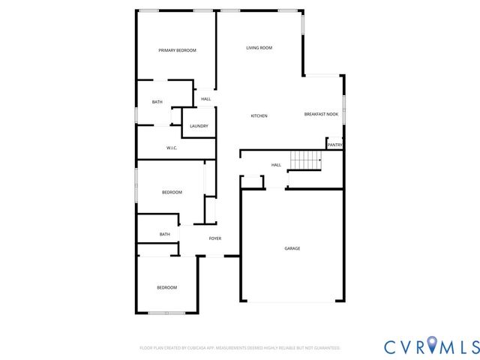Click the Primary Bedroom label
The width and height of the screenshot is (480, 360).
177,50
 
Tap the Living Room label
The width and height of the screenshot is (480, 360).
259,48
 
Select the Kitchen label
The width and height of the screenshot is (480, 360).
259,115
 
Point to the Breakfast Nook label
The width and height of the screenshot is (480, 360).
321,114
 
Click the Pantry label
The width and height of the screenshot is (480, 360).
335,145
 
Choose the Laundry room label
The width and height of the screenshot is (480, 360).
199,126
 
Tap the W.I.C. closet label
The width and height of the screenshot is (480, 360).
172,148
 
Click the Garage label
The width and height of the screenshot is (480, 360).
292,248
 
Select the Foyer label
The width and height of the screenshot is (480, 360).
214,238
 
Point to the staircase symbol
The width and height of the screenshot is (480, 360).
305,159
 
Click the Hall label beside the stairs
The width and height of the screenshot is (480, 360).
276,165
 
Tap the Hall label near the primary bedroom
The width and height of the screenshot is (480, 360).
205,99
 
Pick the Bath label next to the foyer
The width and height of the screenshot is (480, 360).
164,235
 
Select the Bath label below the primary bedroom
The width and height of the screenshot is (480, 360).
157,102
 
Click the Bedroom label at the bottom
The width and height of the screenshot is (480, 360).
166,288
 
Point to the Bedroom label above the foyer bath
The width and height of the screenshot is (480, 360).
172,193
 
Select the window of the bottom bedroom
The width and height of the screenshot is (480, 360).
163,312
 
